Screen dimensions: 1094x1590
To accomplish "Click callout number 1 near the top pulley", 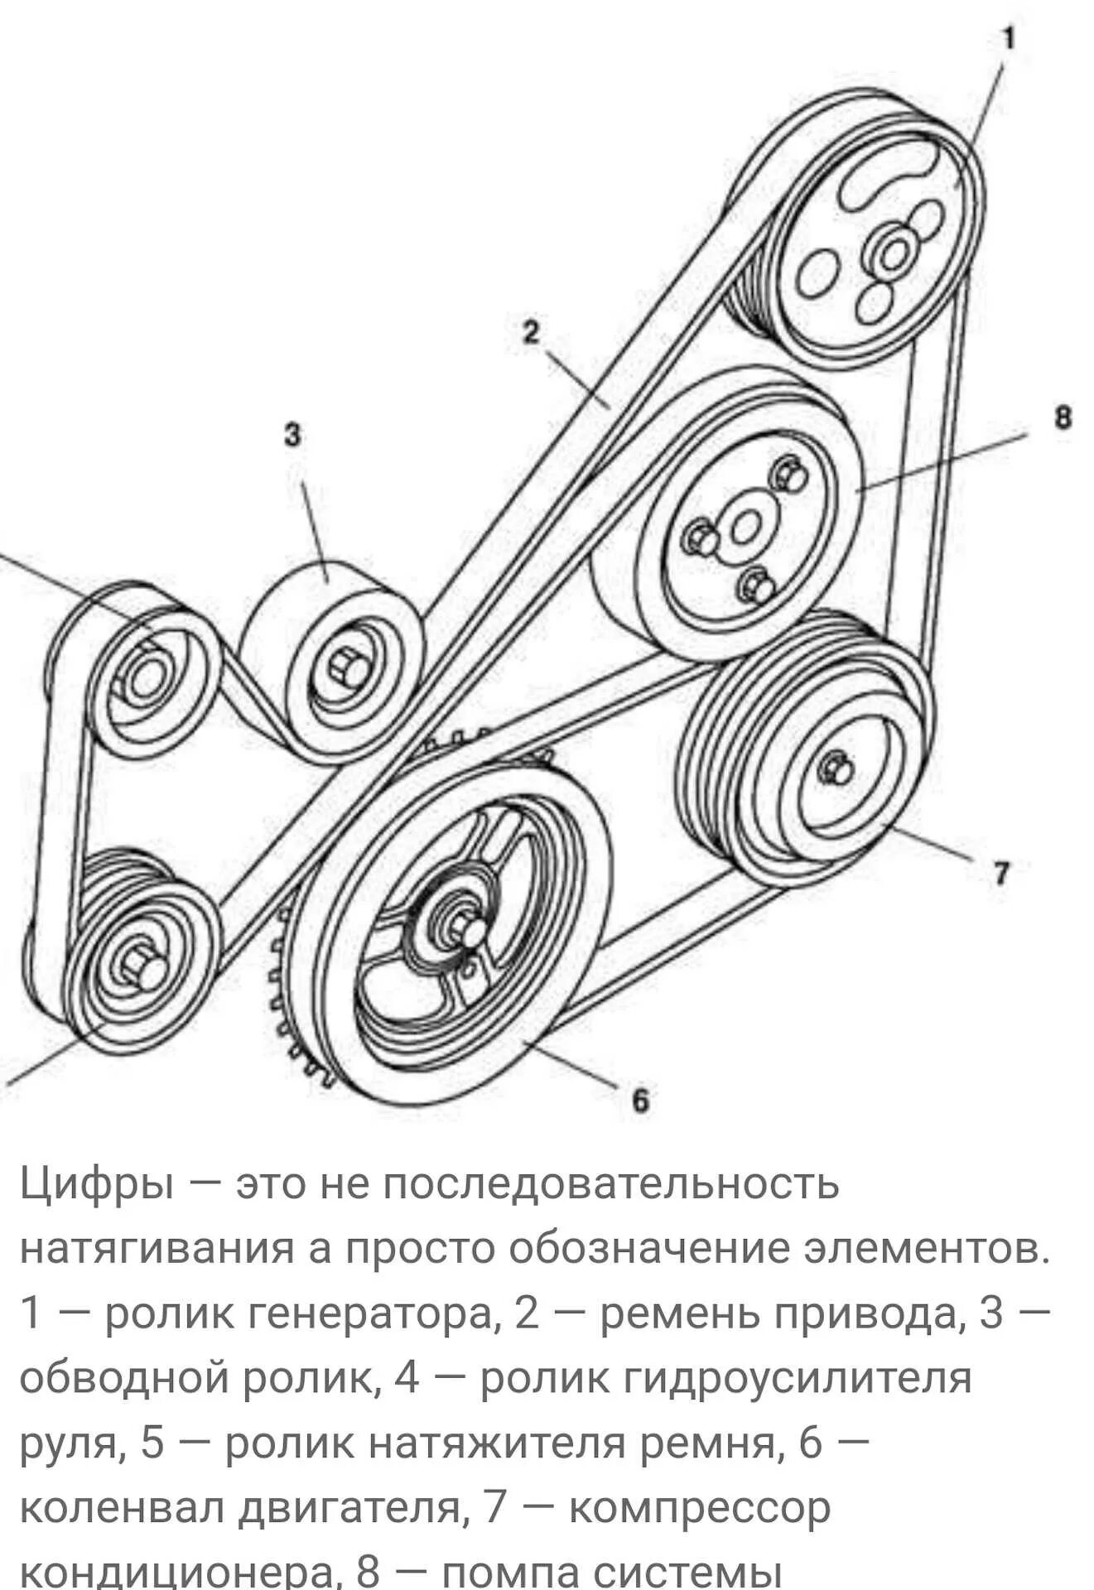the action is point(1008,38).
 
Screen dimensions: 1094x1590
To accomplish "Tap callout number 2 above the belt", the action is point(531,332).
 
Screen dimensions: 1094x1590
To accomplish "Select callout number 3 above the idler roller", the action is point(292,436).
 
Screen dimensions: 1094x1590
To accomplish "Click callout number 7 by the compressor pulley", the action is point(1000,874).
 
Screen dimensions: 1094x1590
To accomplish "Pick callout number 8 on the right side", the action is point(1062,417).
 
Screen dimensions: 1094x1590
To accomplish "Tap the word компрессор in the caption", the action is point(699,1508).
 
